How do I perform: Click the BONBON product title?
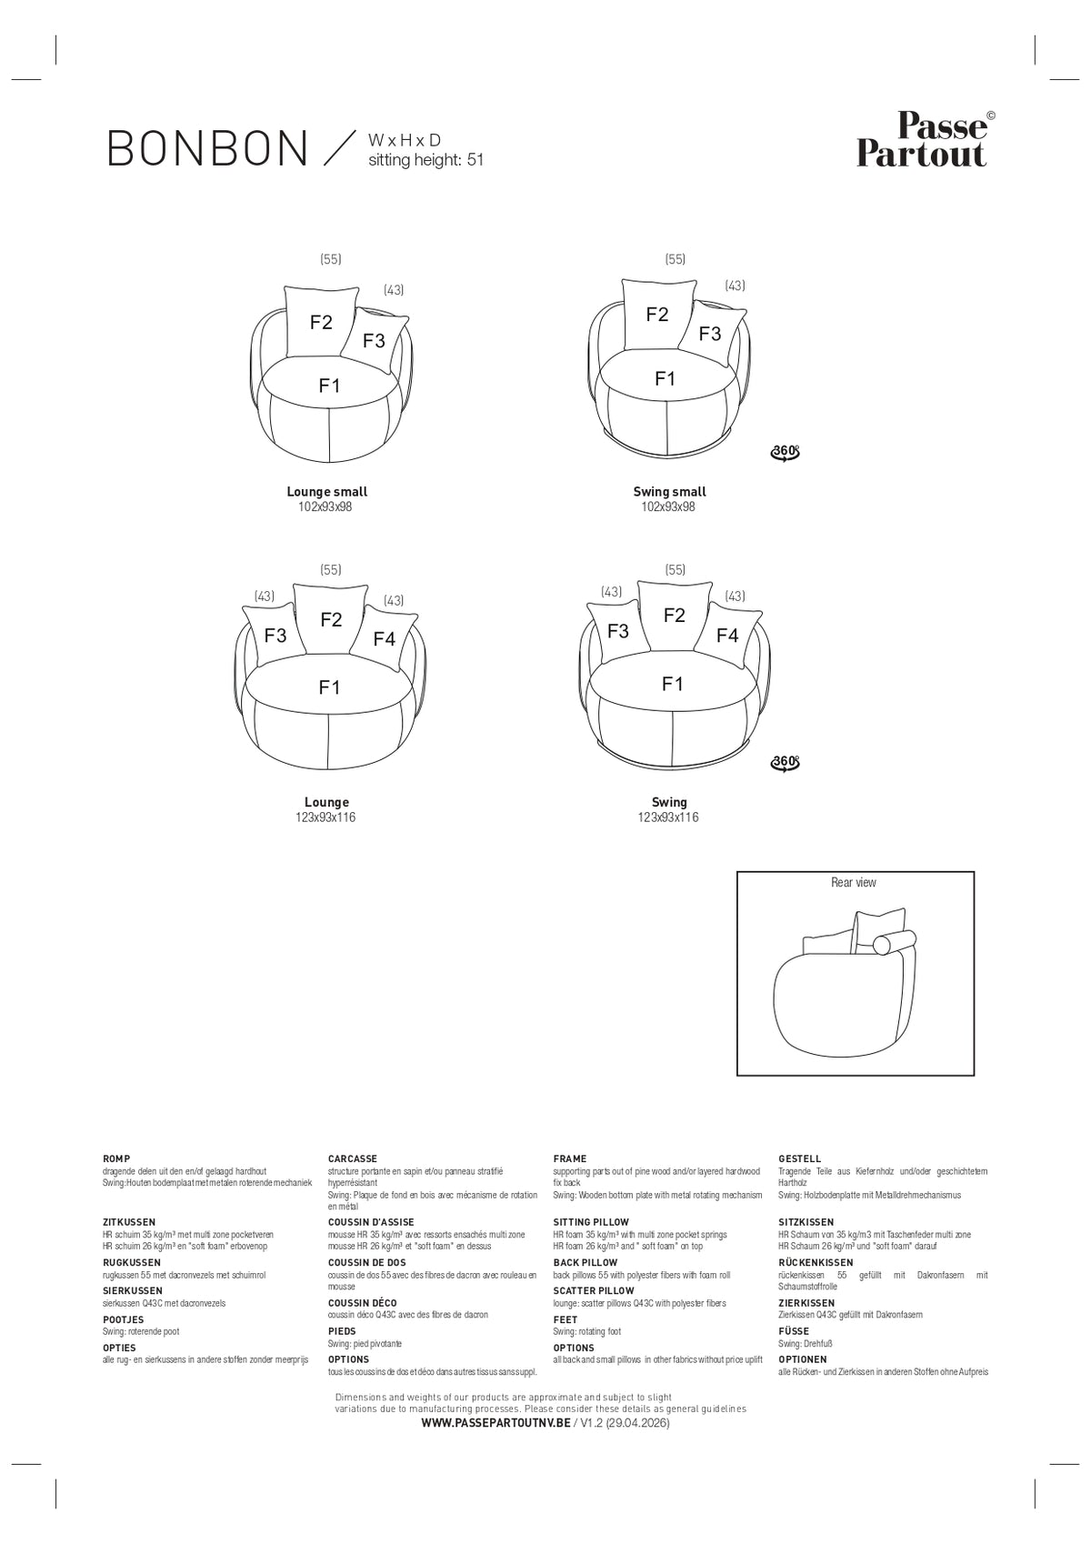(x=207, y=148)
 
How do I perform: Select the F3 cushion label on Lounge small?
(x=374, y=340)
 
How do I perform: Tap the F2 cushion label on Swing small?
(x=656, y=315)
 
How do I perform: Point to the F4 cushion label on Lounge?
(x=384, y=639)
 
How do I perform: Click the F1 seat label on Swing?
(x=672, y=684)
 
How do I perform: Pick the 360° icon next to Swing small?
(x=785, y=452)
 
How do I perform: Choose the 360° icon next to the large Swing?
(x=785, y=762)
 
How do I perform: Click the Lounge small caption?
(x=326, y=491)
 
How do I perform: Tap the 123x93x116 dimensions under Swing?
(x=668, y=817)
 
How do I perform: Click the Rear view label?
(x=853, y=882)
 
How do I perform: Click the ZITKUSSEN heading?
(x=129, y=1222)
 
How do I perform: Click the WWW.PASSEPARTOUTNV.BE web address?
(x=495, y=1423)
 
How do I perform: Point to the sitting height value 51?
(x=475, y=160)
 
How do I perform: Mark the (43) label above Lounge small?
(x=394, y=290)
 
